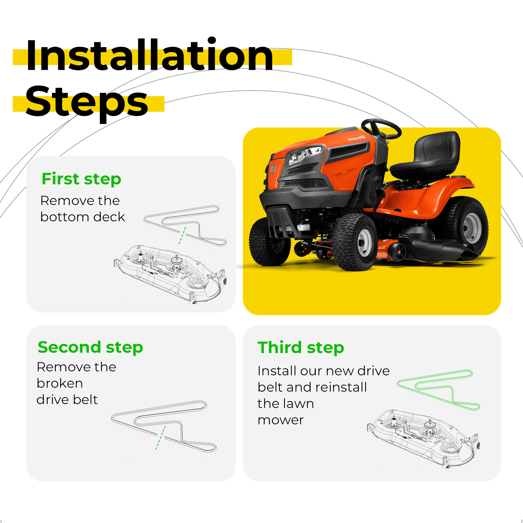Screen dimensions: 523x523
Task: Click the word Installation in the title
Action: [149, 55]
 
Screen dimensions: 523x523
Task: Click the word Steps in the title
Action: [87, 102]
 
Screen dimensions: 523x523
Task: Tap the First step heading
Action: [81, 179]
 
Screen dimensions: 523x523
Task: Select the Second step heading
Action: [90, 347]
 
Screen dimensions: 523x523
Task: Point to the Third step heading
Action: [301, 347]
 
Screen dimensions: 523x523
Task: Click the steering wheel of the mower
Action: [381, 129]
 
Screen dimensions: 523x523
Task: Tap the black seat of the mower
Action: [425, 157]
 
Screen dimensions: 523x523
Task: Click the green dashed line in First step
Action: [183, 235]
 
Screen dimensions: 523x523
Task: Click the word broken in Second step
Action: [60, 383]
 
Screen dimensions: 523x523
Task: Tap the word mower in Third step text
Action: [280, 420]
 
